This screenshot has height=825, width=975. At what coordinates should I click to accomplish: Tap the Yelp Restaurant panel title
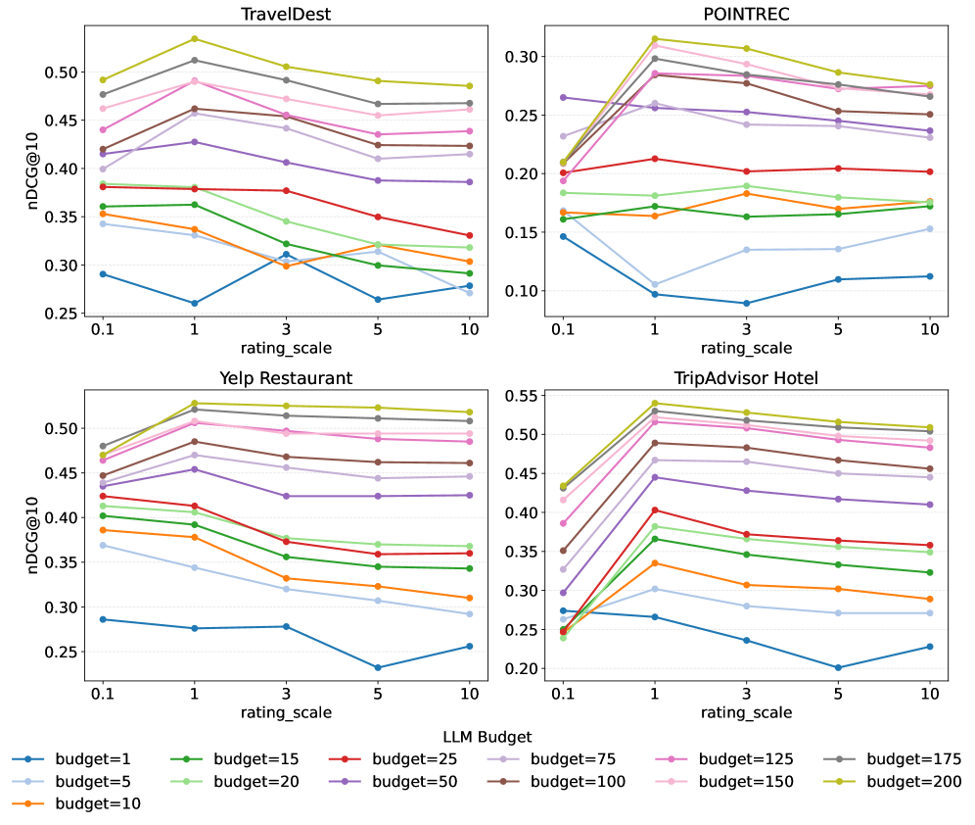tap(286, 378)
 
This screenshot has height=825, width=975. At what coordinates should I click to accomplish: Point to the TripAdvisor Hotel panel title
tap(747, 378)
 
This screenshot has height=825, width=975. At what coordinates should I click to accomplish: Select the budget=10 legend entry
tap(97, 803)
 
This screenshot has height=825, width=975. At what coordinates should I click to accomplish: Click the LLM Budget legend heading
tap(487, 736)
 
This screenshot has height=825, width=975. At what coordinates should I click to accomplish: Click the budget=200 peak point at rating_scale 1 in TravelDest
tap(194, 39)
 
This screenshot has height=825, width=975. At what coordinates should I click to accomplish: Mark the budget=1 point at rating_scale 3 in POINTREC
tap(747, 303)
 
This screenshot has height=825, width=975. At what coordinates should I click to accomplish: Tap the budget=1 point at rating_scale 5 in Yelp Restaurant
tap(378, 668)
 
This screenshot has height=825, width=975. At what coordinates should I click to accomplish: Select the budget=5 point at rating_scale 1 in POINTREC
tap(655, 284)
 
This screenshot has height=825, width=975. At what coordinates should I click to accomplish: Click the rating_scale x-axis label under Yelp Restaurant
tap(286, 713)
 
